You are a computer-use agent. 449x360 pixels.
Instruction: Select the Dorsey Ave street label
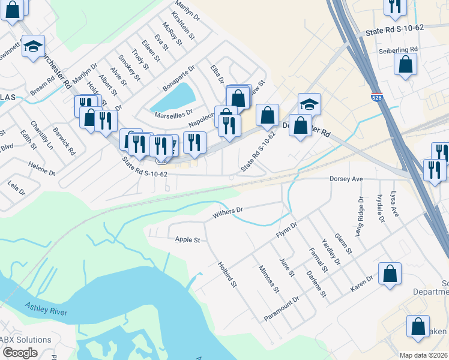pos(347,179)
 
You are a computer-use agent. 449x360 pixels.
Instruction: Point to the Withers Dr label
pos(228,212)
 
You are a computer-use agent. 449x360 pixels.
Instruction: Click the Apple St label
pos(187,239)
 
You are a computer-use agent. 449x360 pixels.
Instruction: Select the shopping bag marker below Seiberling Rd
pos(406,65)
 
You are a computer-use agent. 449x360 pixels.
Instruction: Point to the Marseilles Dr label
pos(173,112)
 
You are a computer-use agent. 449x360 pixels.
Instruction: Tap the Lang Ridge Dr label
pos(361,215)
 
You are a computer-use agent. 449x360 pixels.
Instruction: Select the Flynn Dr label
pos(286,230)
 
